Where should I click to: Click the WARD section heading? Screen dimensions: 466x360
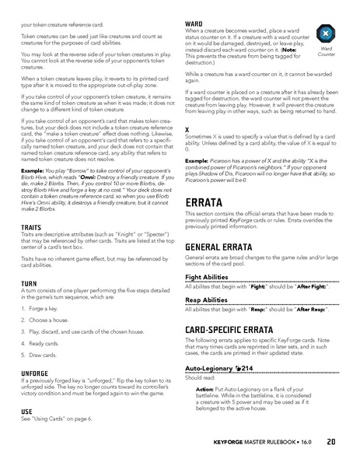tap(194, 24)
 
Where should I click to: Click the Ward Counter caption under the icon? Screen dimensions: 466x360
tap(327, 55)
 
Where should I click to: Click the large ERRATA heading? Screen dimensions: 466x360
tap(205, 203)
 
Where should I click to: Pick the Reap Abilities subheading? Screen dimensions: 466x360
tap(208, 301)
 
